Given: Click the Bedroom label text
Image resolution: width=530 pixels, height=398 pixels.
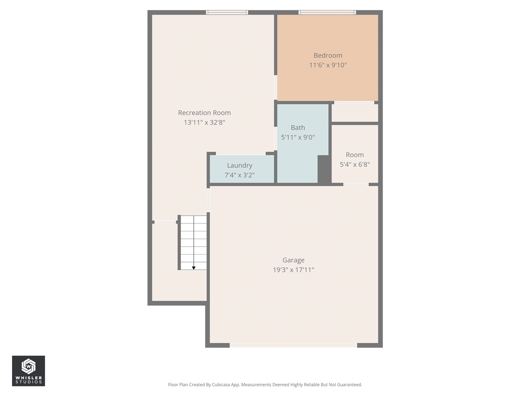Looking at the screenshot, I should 328,56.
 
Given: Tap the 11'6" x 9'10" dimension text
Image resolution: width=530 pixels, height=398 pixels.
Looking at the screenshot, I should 328,65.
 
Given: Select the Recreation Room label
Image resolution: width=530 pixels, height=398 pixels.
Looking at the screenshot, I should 204,113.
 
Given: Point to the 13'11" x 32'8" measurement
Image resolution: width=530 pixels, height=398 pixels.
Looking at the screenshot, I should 204,122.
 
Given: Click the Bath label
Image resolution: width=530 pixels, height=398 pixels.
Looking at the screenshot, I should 298,128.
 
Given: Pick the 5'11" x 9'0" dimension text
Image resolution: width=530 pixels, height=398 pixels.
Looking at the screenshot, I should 298,137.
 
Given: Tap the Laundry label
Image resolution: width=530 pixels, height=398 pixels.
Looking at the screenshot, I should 239,165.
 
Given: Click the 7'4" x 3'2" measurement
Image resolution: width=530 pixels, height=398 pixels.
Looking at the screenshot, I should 239,175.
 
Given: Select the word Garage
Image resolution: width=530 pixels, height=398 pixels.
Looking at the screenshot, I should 293,260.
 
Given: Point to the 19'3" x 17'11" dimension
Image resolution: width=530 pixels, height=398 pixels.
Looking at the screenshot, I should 293,270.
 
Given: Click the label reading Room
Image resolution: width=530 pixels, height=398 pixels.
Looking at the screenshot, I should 354,155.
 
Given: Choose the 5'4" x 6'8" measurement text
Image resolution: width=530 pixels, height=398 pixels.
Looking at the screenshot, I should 354,165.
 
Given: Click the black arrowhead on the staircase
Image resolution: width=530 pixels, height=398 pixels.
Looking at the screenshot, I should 193,268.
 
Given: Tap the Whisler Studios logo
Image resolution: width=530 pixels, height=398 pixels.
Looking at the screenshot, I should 29,371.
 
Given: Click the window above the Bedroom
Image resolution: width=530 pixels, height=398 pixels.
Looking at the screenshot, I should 327,12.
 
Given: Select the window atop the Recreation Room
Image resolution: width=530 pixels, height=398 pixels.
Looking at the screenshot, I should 227,12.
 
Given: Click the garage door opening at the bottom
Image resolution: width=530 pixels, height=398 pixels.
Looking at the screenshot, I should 293,345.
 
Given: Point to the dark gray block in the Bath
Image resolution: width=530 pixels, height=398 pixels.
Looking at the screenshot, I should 324,169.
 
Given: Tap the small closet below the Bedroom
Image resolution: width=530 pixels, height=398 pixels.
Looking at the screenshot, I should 355,113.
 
